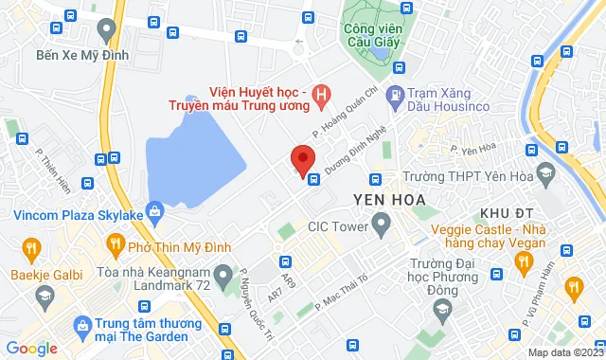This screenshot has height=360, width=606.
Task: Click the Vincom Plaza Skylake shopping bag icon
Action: coord(153,210)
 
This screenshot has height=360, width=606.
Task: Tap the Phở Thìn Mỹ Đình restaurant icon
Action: coord(116,246)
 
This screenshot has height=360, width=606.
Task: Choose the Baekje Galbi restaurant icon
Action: coord(30,249)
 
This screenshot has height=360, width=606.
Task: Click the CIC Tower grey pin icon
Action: coord(382,225)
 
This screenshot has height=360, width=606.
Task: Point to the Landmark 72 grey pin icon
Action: coord(223,277)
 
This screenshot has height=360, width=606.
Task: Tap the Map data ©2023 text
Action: coord(563,352)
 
